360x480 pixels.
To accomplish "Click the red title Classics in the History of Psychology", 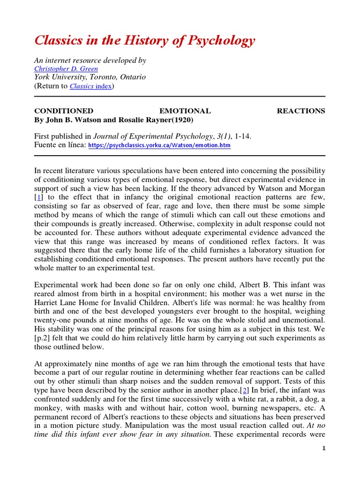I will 145,40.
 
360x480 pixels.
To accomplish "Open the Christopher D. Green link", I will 66,69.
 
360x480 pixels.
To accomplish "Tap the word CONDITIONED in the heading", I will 64,111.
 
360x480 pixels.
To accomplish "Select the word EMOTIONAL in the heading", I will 185,111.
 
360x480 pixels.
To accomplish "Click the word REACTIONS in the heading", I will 300,111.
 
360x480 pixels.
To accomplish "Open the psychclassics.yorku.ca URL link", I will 159,146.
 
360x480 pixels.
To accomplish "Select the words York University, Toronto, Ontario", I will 90,77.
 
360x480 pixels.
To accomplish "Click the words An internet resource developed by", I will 90,60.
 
